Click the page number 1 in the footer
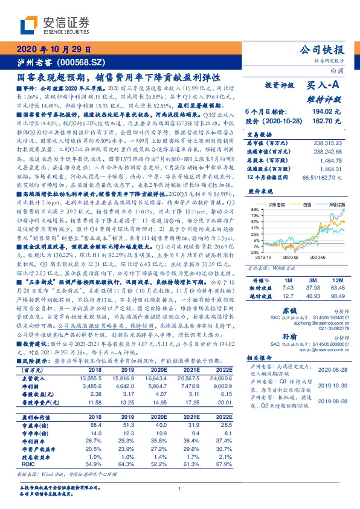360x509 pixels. (x=180, y=488)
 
